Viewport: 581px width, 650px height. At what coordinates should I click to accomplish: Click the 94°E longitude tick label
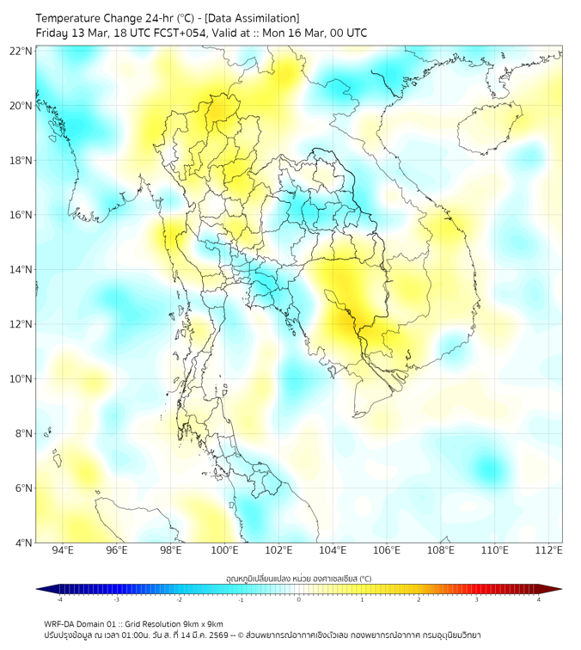[63, 550]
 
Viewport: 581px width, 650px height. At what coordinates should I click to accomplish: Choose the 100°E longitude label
[224, 550]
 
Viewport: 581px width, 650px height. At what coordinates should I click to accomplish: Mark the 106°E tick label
[387, 550]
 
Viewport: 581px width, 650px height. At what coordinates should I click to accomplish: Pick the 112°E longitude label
[548, 550]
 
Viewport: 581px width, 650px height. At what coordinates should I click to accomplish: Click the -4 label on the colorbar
[59, 599]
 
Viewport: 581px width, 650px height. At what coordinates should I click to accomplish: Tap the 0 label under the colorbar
[299, 599]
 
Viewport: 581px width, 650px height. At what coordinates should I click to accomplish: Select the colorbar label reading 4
[538, 599]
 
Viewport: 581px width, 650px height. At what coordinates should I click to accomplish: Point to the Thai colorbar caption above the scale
[298, 578]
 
